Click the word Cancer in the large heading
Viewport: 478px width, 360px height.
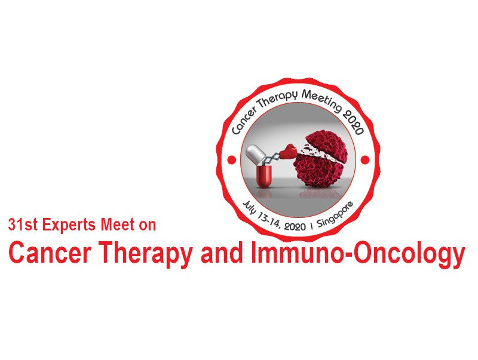[x=50, y=253]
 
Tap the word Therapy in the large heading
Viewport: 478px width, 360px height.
[x=146, y=254]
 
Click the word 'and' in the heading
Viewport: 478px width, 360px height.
[x=222, y=253]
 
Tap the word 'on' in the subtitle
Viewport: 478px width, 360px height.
[x=148, y=226]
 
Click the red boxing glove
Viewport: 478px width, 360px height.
[x=288, y=152]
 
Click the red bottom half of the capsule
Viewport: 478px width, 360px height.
[x=263, y=176]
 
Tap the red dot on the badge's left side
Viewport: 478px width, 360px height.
[x=232, y=159]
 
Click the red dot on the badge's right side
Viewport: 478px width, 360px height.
[x=365, y=159]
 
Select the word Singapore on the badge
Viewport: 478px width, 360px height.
[x=335, y=214]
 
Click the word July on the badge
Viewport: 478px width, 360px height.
[x=250, y=208]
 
